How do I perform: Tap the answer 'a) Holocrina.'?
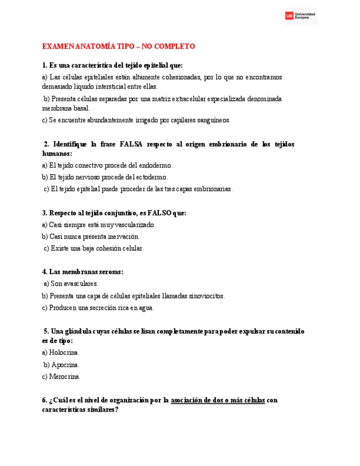(x=60, y=352)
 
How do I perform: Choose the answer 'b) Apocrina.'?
(x=62, y=364)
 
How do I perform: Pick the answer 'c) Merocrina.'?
(x=61, y=376)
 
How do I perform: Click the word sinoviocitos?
(x=205, y=296)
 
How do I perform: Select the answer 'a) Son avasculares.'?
(x=71, y=284)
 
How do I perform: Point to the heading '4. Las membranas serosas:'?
(x=82, y=271)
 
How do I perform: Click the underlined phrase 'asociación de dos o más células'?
(x=218, y=401)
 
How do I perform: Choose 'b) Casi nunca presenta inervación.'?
(x=91, y=236)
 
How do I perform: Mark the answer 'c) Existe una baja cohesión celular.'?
(x=93, y=248)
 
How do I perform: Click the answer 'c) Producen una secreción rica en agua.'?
(x=98, y=308)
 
